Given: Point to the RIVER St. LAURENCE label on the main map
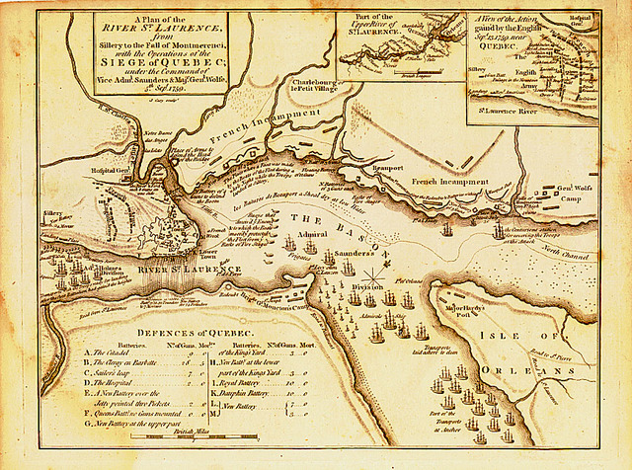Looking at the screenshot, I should (188, 269).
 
